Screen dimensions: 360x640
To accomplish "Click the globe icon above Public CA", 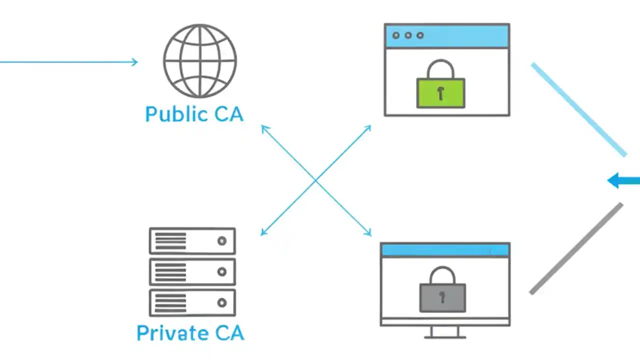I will (x=200, y=60).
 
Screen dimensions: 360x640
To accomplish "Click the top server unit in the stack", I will (x=192, y=241).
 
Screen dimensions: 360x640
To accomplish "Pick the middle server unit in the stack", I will (x=192, y=272).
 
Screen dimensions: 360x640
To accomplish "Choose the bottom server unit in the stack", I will (x=192, y=302).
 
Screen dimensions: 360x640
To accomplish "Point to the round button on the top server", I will (x=222, y=241).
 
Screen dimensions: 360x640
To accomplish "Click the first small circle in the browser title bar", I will (x=396, y=35).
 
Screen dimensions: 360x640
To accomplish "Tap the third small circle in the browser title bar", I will (x=420, y=35).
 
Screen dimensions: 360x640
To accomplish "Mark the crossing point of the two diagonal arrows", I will (x=316, y=180).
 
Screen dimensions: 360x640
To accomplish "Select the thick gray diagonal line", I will (x=576, y=248).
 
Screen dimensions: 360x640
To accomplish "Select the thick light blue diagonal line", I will (x=578, y=109).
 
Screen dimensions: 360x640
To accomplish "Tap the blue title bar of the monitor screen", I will (x=445, y=250).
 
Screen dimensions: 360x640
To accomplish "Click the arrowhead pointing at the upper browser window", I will (x=369, y=127).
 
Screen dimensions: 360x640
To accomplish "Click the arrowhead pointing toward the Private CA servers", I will (x=263, y=232).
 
